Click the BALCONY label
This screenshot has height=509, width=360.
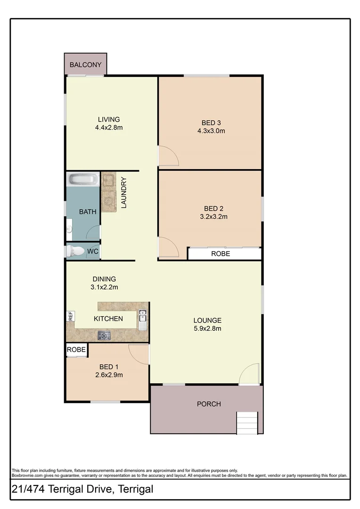(x=85, y=65)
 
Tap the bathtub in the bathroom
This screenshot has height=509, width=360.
(x=83, y=179)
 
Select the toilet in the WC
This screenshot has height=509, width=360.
(x=74, y=251)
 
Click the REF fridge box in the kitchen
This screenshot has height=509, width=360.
(x=70, y=316)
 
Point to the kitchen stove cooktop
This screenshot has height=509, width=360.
(x=104, y=336)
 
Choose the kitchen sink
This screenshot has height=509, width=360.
(x=142, y=320)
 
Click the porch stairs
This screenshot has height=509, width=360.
(x=247, y=422)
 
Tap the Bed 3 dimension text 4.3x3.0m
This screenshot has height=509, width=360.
(x=211, y=131)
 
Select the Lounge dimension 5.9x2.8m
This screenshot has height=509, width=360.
(x=207, y=328)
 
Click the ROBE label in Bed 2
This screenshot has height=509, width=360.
(x=221, y=254)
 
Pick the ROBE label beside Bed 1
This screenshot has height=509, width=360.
(x=76, y=350)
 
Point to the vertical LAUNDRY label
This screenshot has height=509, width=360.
(x=124, y=192)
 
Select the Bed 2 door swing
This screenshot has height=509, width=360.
(x=167, y=247)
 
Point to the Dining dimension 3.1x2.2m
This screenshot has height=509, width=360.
(x=104, y=287)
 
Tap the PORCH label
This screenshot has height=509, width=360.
(x=209, y=404)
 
